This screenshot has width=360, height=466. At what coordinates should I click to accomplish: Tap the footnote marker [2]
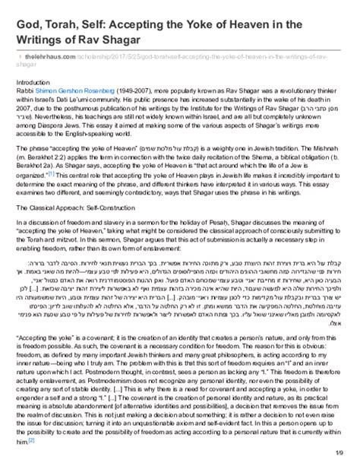coord(31,439)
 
